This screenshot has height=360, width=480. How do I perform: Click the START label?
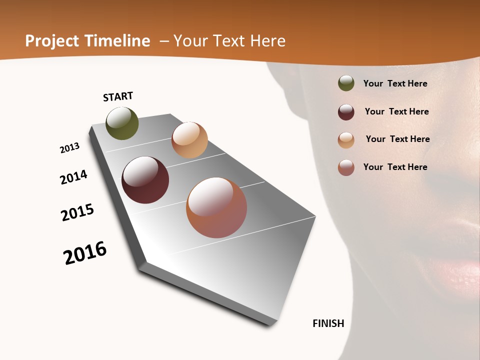pos(118,96)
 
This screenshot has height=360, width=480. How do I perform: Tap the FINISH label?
pos(328,323)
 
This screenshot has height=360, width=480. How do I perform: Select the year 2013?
pos(69,148)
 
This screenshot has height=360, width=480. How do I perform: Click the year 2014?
pos(73,177)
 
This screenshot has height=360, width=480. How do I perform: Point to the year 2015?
pos(77,212)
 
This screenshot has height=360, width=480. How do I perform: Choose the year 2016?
pos(85,253)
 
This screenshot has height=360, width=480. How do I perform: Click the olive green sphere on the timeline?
pos(122,123)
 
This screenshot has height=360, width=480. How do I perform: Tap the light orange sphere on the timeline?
pos(189,140)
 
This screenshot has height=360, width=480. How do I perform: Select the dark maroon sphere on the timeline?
pos(145,180)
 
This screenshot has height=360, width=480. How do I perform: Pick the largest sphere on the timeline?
pos(216,207)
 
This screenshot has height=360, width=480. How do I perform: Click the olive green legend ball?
pos(346,83)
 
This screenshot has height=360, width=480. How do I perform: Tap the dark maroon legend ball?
pos(346,112)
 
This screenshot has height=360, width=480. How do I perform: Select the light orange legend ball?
pos(346,140)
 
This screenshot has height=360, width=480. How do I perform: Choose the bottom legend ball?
pos(346,167)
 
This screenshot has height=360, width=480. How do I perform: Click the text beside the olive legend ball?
pos(395,83)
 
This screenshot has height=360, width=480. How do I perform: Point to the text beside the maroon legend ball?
pos(396,111)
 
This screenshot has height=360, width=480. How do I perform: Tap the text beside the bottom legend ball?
pos(395,167)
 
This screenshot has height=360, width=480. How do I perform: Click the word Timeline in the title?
pos(117,41)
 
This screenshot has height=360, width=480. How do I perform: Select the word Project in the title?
pos(52,41)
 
